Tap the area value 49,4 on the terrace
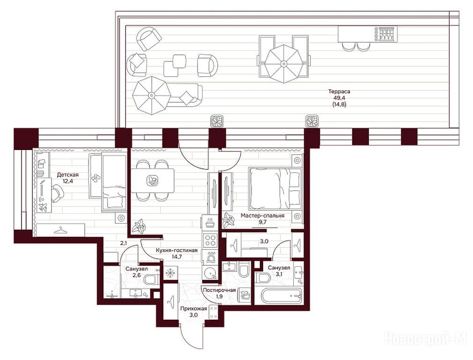(340, 98)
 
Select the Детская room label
(67, 175)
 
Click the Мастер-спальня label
(262, 216)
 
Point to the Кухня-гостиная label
(177, 250)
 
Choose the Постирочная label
(219, 290)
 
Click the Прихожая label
(194, 308)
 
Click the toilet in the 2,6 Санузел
(151, 280)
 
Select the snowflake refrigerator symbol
(170, 274)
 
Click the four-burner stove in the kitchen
(210, 241)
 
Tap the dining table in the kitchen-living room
(152, 180)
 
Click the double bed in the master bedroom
(275, 188)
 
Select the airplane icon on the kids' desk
(43, 207)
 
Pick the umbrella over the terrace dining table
(283, 64)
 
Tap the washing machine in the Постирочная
(244, 294)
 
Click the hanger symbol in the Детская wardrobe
(60, 230)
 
